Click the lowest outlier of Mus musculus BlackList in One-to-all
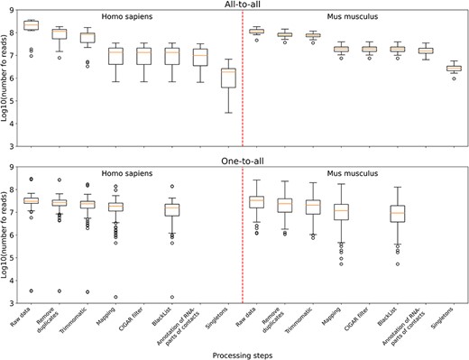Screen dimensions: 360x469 (398, 264)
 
